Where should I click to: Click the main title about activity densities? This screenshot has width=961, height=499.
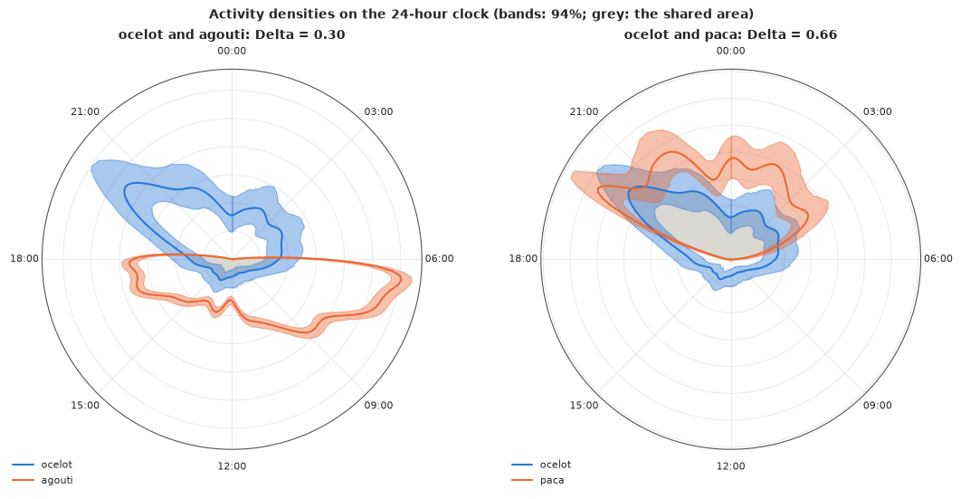[x=481, y=14]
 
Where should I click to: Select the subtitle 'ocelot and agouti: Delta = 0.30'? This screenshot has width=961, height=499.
[x=232, y=34]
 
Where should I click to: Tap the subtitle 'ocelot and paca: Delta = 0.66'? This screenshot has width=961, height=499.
[x=730, y=34]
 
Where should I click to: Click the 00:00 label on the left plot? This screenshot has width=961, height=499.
[x=232, y=51]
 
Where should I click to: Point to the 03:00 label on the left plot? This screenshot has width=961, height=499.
[x=379, y=111]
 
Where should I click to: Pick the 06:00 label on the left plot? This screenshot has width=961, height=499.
[x=440, y=259]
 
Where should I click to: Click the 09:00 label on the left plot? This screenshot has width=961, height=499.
[x=379, y=405]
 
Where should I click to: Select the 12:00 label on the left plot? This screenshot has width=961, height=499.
[x=232, y=465]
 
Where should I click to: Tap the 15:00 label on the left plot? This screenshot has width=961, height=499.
[x=85, y=405]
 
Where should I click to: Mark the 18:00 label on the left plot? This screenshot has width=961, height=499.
[x=24, y=259]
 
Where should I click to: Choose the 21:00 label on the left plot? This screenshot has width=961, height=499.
[x=85, y=111]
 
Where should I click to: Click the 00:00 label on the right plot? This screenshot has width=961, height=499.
[x=730, y=51]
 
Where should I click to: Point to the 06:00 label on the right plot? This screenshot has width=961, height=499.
[x=938, y=259]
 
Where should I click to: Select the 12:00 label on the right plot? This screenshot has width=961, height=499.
[x=730, y=465]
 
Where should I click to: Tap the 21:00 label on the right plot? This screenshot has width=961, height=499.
[x=584, y=111]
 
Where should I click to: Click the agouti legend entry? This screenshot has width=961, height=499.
[x=43, y=480]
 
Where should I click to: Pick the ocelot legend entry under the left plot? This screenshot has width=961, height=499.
[x=42, y=465]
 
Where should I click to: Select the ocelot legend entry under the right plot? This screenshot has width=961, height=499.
[x=540, y=465]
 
